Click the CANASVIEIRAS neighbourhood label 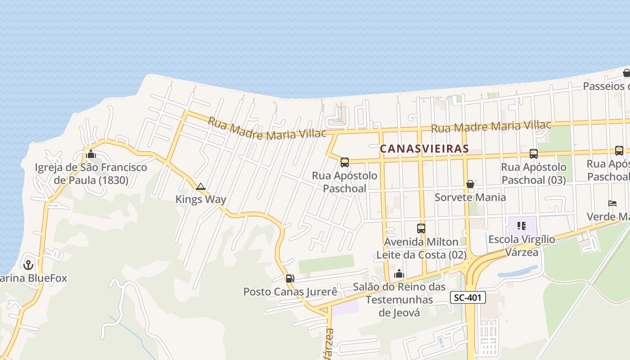point(424,148)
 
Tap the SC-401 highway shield point(468,297)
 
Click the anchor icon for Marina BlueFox point(29,265)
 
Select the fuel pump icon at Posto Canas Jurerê point(290,279)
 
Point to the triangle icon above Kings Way point(201,186)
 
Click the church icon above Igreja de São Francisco point(91,154)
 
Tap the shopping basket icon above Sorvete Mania point(470,184)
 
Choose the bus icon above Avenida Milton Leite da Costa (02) point(421,229)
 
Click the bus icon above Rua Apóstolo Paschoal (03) point(534,154)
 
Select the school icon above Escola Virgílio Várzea point(522,226)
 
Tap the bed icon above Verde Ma point(612,203)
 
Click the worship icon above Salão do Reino point(399,274)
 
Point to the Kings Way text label point(201,199)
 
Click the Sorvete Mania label point(470,197)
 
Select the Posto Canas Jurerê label point(290,292)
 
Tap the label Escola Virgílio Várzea point(522,246)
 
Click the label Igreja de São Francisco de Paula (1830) point(91,174)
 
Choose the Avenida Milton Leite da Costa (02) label point(421,248)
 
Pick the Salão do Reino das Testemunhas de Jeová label point(399,300)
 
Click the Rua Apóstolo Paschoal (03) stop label point(533,173)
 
